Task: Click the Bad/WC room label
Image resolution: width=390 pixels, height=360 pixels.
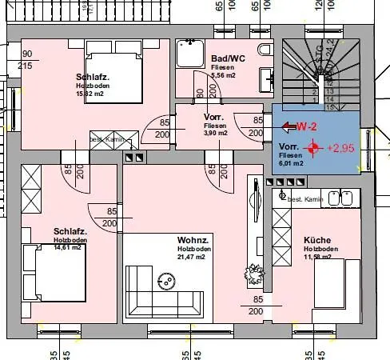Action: tap(228, 59)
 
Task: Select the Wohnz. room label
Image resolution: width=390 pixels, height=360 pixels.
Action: tap(193, 240)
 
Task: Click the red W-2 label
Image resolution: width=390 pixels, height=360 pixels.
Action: tap(308, 126)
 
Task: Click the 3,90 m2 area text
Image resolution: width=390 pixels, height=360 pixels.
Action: tap(216, 133)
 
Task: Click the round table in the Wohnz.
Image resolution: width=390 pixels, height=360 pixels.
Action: tap(167, 281)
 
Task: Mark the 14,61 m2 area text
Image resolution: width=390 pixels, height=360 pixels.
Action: tap(68, 247)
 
